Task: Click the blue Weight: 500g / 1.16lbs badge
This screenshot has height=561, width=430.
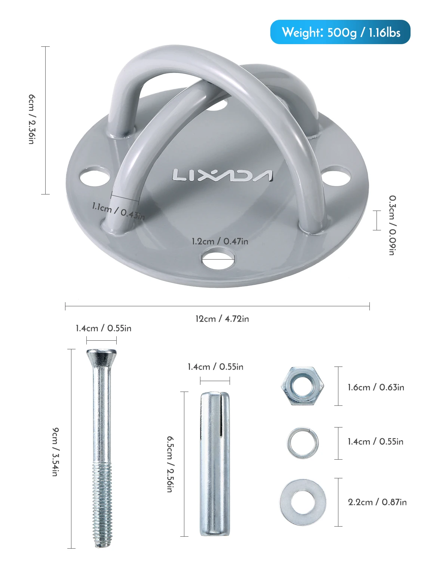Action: click(340, 32)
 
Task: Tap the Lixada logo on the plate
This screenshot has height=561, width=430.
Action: click(222, 175)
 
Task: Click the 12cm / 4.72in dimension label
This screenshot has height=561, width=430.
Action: click(222, 319)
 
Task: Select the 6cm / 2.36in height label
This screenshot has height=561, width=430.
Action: click(32, 119)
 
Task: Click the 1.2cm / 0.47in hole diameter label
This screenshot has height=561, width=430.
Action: click(220, 241)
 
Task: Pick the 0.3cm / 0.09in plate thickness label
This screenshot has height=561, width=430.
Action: click(393, 226)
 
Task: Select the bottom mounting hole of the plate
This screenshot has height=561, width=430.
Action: click(218, 259)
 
